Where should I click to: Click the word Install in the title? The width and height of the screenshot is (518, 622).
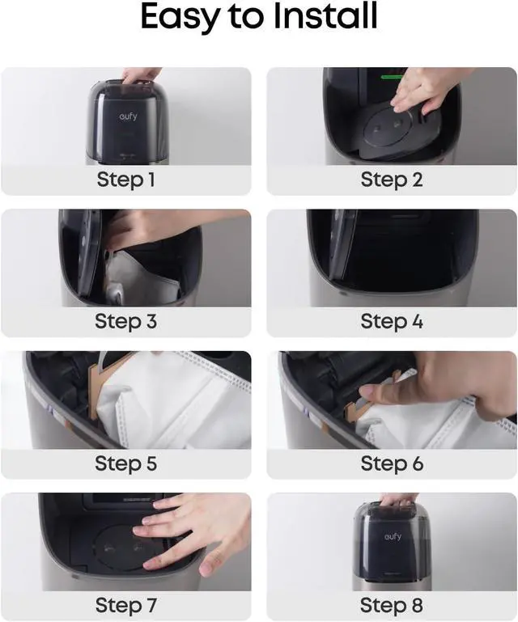coord(325,16)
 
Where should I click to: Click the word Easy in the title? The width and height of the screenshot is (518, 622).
coord(180,18)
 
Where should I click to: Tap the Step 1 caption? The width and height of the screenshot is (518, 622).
coord(125,180)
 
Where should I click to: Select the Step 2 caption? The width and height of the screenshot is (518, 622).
coord(392,180)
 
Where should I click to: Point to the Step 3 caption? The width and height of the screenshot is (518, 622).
coord(125,321)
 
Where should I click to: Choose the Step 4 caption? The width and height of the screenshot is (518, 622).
coord(392,321)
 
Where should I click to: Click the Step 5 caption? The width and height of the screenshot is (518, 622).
coord(125,463)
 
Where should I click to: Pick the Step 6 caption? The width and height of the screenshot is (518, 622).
coord(392,463)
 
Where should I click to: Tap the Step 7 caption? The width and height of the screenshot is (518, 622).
coord(125,605)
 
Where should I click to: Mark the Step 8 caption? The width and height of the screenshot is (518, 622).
coord(392,605)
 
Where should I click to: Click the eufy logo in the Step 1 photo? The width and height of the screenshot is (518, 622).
coord(128,116)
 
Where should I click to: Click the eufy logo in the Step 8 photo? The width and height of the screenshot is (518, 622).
coord(393,537)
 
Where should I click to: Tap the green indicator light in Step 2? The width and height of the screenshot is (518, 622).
coord(393,77)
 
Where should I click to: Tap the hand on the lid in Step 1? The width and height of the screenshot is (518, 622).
coord(140,75)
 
